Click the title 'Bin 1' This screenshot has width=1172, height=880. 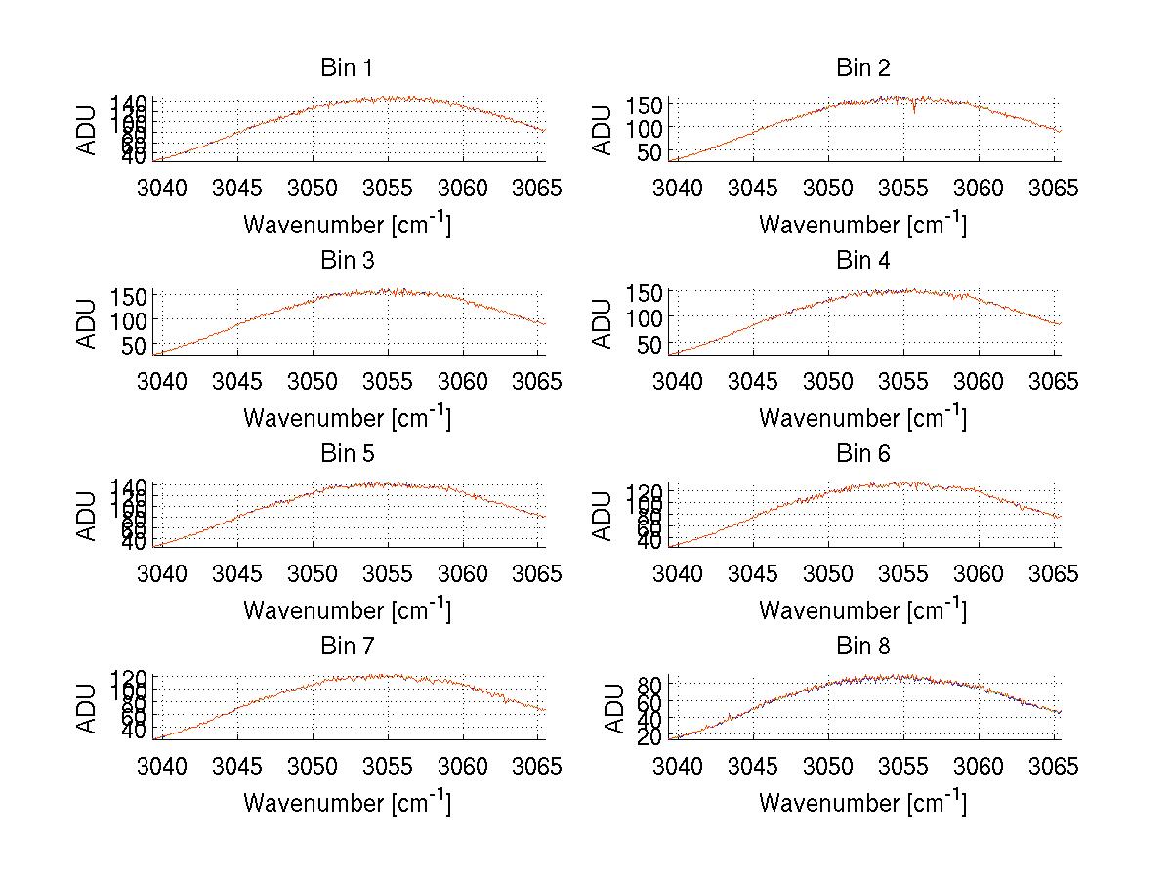click(347, 68)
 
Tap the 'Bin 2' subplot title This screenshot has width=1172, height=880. click(863, 68)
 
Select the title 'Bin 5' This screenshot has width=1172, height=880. click(347, 454)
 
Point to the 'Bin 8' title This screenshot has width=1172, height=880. click(863, 647)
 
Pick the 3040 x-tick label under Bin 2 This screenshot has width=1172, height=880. click(678, 188)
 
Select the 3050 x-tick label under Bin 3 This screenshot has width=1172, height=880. click(314, 381)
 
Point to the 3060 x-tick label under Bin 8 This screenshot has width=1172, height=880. click(979, 767)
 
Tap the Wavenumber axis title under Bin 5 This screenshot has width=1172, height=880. click(347, 610)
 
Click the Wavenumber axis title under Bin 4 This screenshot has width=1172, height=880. click(863, 417)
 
